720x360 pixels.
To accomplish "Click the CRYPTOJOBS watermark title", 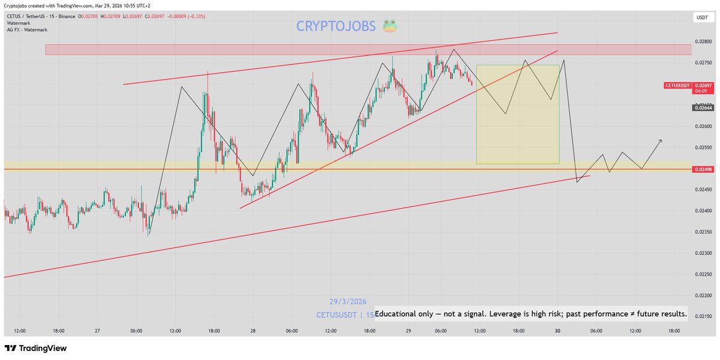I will coord(336,26).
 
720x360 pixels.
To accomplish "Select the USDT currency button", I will coord(701,18).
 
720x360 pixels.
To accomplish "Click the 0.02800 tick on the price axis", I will coord(702,41).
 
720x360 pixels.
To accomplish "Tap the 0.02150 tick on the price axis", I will coord(702,316).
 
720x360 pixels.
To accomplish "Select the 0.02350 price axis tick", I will coord(702,232).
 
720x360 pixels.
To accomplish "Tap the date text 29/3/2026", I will coord(347,301).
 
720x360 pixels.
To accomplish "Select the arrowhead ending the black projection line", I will coord(661,140).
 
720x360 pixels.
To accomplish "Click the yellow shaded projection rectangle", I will coord(517,114).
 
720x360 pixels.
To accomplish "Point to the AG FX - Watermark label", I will coord(27,29).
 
